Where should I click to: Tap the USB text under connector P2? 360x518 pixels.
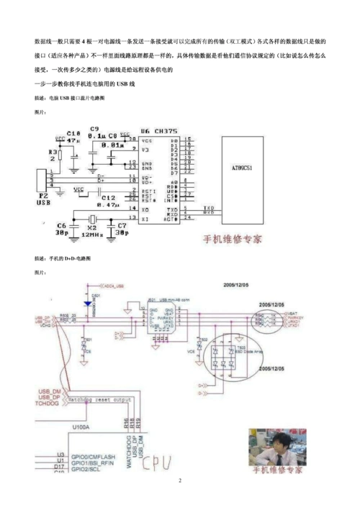[45, 203]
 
